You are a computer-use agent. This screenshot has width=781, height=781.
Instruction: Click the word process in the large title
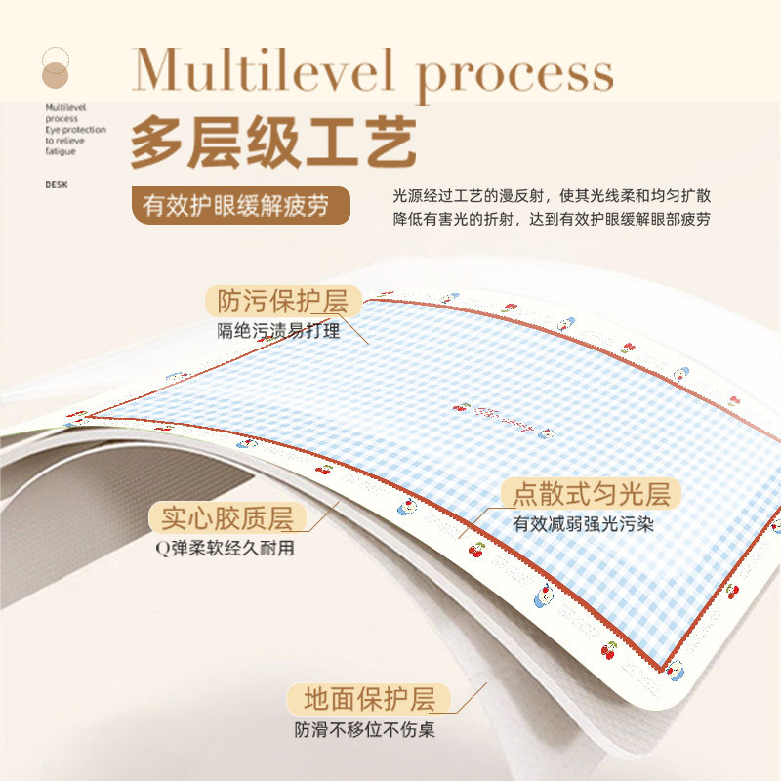pos(515,73)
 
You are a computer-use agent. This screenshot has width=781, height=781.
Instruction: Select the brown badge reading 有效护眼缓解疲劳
pos(240,206)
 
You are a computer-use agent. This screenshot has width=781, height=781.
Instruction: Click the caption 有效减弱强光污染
pos(583,524)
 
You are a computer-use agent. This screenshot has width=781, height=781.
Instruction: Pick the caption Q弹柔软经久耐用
pos(224,549)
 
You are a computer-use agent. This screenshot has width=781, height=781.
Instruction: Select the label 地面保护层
pos(368,699)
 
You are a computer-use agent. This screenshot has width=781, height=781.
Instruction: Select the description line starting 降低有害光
pos(552,220)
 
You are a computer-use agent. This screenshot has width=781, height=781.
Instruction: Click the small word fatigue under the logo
pos(60,151)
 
